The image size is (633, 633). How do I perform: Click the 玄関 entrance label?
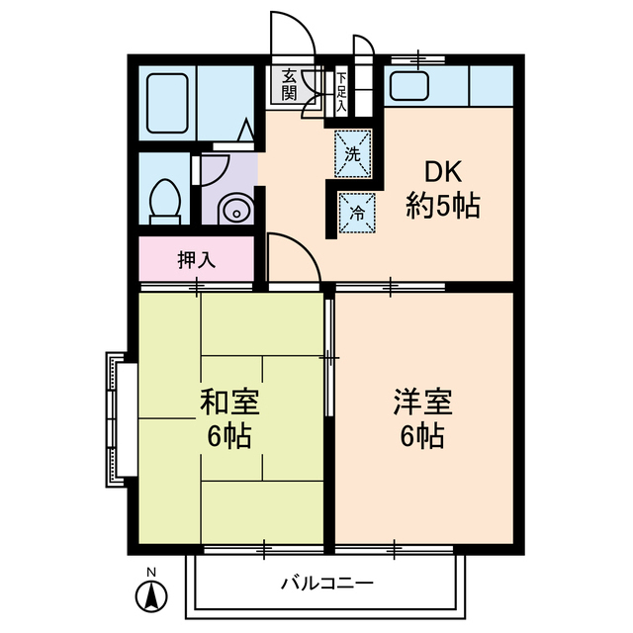click(x=289, y=85)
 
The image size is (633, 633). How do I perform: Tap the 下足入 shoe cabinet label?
click(x=341, y=91)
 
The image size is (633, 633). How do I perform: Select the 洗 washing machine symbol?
click(x=353, y=153)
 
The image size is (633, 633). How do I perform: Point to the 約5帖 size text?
click(x=442, y=207)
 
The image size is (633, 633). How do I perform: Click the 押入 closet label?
click(x=196, y=260)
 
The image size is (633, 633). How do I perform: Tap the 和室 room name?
click(x=229, y=403)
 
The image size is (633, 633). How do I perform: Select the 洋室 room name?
click(x=422, y=403)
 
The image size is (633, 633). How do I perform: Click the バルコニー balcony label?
click(x=325, y=583)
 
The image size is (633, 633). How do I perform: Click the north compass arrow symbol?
click(x=151, y=597)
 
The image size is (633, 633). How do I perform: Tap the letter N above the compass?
click(x=151, y=573)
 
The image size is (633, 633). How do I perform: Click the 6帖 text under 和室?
click(x=229, y=434)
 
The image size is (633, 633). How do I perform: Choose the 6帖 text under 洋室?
click(x=422, y=434)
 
